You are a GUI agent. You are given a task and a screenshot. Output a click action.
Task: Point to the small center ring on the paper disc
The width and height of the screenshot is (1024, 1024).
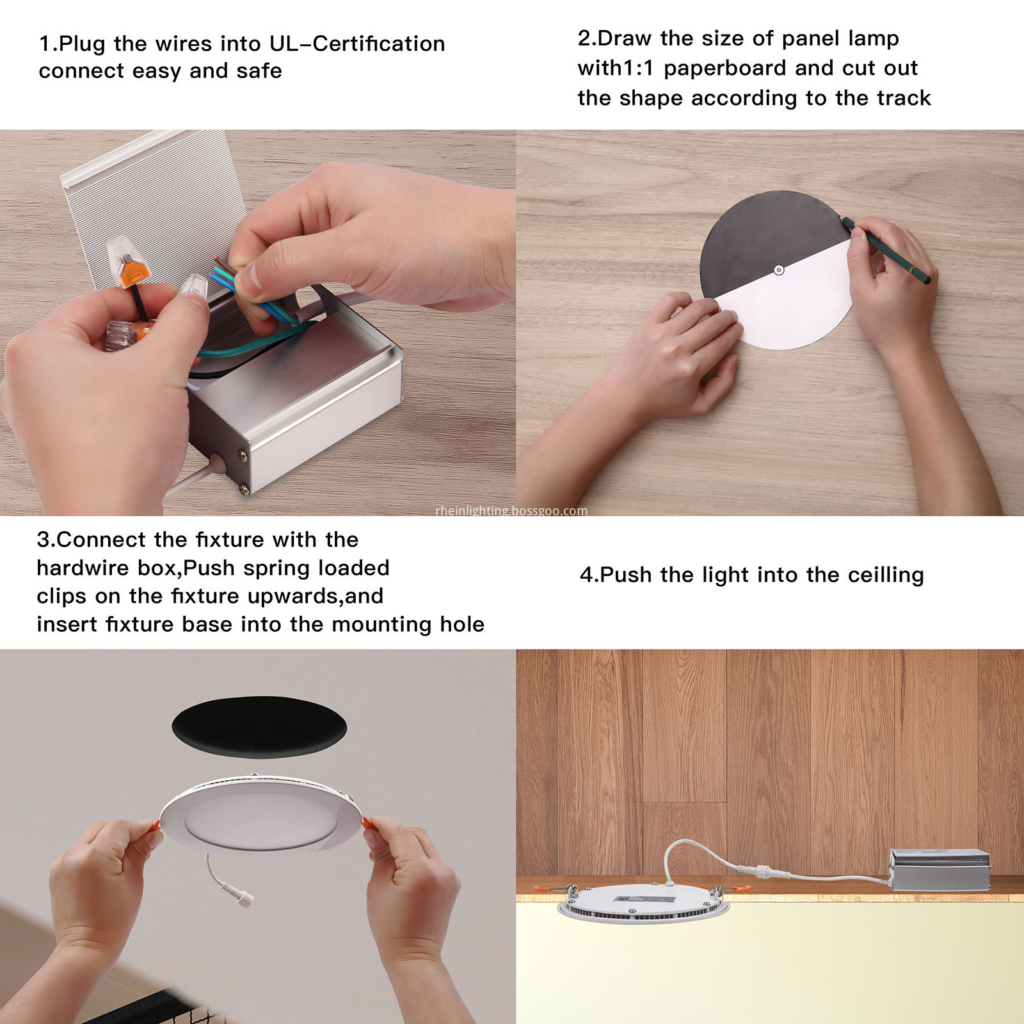tap(778, 270)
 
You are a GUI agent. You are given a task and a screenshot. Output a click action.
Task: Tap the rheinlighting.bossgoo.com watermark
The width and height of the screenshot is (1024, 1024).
tap(511, 511)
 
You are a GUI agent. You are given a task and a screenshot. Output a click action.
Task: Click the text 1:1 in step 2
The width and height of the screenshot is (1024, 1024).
tap(641, 68)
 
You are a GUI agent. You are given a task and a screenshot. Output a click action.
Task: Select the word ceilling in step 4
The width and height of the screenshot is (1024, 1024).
tap(886, 575)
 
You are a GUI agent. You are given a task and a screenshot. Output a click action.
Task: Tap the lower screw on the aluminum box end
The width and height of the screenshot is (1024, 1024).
tap(243, 489)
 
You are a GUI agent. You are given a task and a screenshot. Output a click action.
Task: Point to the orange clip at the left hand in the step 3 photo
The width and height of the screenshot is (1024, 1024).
tap(156, 824)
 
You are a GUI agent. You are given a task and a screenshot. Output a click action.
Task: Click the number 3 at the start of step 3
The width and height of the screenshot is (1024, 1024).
tap(43, 540)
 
